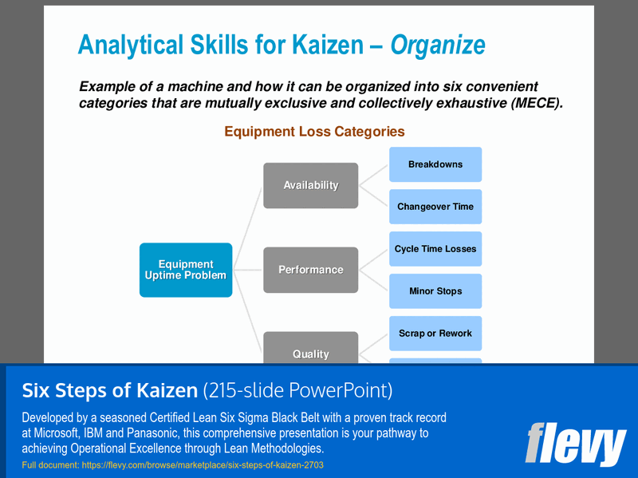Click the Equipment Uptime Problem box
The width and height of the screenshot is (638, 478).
click(x=186, y=270)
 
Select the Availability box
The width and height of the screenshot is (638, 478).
click(x=310, y=185)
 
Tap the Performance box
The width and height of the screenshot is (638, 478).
click(x=310, y=270)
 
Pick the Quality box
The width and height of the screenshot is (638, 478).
click(x=310, y=351)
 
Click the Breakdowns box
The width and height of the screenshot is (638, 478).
click(x=435, y=164)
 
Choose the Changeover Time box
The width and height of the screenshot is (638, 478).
click(x=435, y=207)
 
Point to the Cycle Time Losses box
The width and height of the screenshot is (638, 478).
click(x=435, y=249)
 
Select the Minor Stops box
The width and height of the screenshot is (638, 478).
click(x=435, y=291)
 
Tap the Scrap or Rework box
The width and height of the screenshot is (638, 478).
click(x=435, y=334)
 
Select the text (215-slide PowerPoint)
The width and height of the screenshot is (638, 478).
click(x=297, y=391)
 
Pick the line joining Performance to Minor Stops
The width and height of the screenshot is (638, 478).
click(x=373, y=280)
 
